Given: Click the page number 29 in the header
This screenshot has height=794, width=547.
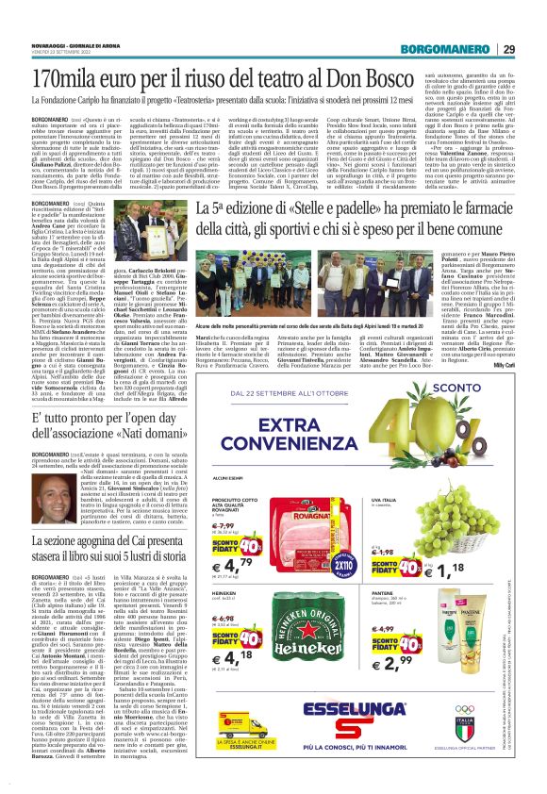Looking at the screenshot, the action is click(533, 50).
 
